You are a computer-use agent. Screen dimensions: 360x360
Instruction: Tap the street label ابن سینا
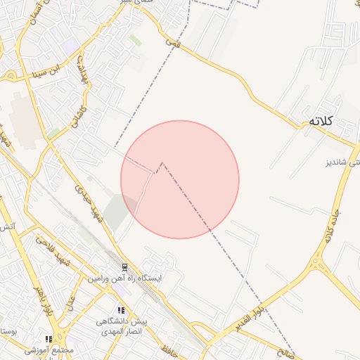pyautogui.click(x=51, y=72)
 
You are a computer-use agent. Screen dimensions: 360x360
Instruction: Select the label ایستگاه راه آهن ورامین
pyautogui.click(x=124, y=279)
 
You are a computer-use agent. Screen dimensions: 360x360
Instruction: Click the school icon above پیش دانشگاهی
pyautogui.click(x=121, y=310)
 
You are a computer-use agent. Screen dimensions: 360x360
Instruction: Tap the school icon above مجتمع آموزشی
pyautogui.click(x=48, y=339)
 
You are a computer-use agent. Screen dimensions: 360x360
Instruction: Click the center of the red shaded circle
pyautogui.click(x=180, y=179)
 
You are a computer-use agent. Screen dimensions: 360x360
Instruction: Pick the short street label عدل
pyautogui.click(x=70, y=303)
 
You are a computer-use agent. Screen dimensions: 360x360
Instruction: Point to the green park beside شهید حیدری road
pyautogui.click(x=120, y=211)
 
